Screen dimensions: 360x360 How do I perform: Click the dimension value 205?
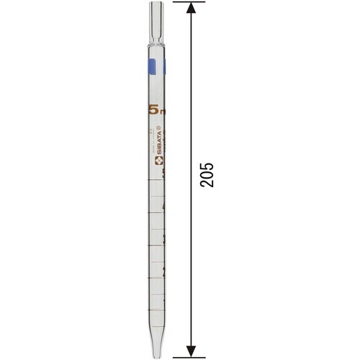click(x=207, y=175)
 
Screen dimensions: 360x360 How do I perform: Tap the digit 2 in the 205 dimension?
click(x=207, y=184)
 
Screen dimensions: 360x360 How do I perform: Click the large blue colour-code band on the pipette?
click(x=151, y=68)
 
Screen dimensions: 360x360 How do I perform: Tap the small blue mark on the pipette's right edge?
click(x=164, y=68)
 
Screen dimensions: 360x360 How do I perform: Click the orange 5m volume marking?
click(x=156, y=109)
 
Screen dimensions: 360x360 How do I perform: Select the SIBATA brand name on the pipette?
click(x=158, y=143)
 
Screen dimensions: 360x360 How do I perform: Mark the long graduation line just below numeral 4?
click(x=156, y=214)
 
